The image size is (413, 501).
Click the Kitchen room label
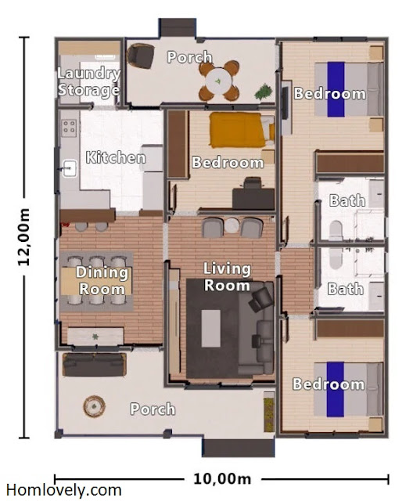(116, 157)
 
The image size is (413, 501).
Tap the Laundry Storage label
(89, 81)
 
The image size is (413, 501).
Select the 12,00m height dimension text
(23, 237)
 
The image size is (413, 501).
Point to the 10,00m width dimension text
(222, 479)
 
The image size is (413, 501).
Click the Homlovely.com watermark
(64, 490)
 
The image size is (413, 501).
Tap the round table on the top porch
(218, 81)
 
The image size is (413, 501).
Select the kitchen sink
(70, 168)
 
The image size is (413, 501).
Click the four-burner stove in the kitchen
(69, 128)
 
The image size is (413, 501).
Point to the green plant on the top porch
(264, 92)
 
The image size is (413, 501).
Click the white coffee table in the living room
(211, 328)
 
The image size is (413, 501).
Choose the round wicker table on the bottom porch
(94, 406)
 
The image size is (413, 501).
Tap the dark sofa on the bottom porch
(95, 364)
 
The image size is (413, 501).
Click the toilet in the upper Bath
(336, 230)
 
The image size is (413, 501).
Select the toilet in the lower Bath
(336, 258)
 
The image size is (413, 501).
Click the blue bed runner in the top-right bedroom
(336, 89)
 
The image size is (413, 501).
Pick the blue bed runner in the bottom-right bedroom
(335, 389)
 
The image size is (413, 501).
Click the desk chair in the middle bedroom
(253, 183)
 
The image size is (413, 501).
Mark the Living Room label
(227, 276)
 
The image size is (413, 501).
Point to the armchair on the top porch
(141, 56)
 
